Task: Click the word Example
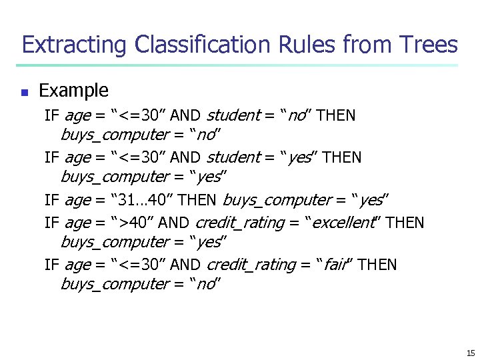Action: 73,90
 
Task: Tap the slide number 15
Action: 471,353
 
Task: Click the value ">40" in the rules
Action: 139,223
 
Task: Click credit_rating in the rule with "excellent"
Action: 239,223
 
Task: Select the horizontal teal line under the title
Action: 237,65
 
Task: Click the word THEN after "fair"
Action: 377,265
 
